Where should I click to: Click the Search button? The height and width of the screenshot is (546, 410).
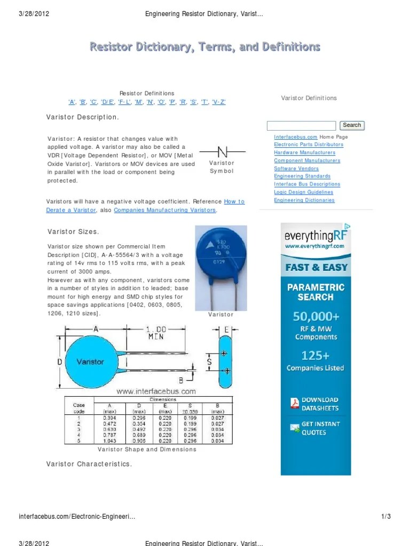coord(351,125)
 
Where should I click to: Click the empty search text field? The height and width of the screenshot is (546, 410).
coord(301,126)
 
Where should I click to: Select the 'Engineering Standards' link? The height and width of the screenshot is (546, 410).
coord(302,176)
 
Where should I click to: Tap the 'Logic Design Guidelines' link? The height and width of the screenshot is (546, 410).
coord(303,192)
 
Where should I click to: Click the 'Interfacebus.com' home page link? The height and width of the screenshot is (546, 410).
coord(296,137)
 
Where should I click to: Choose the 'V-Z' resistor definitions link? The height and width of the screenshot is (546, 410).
coord(219,102)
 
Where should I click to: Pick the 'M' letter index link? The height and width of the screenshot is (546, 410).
coord(139,102)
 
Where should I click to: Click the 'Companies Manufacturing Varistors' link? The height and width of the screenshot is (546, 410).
coord(165,210)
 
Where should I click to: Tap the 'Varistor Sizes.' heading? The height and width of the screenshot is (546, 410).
coord(73,231)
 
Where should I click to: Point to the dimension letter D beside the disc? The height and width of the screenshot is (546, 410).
coord(60,362)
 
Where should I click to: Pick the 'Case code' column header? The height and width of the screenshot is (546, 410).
coord(78,408)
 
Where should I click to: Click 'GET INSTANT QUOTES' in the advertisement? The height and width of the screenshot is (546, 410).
coord(320,428)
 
